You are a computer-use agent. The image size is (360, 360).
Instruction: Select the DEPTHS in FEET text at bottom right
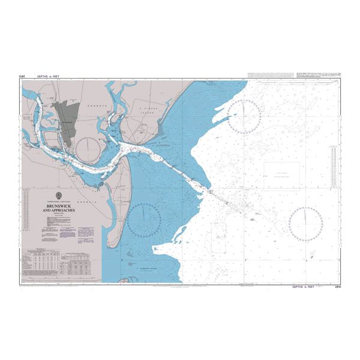click(x=305, y=287)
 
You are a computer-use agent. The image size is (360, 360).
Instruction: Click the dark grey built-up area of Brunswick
click(x=66, y=118)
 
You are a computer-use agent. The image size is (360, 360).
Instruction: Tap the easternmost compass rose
click(x=305, y=222)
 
